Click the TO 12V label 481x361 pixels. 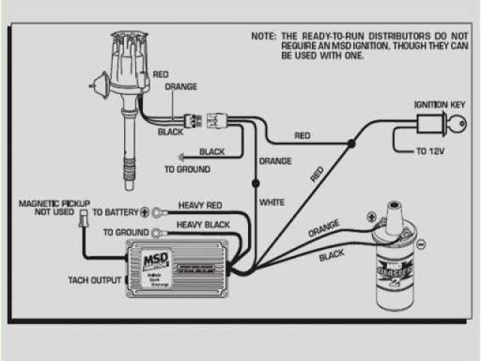pyautogui.click(x=433, y=151)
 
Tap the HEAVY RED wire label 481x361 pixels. pyautogui.click(x=200, y=205)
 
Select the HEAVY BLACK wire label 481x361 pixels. pyautogui.click(x=202, y=224)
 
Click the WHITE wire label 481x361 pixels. pyautogui.click(x=271, y=203)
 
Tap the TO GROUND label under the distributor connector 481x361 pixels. pyautogui.click(x=187, y=169)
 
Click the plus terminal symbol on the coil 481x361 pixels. pyautogui.click(x=371, y=217)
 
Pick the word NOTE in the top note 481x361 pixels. pyautogui.click(x=264, y=36)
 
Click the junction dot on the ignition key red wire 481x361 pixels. pyautogui.click(x=350, y=144)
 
